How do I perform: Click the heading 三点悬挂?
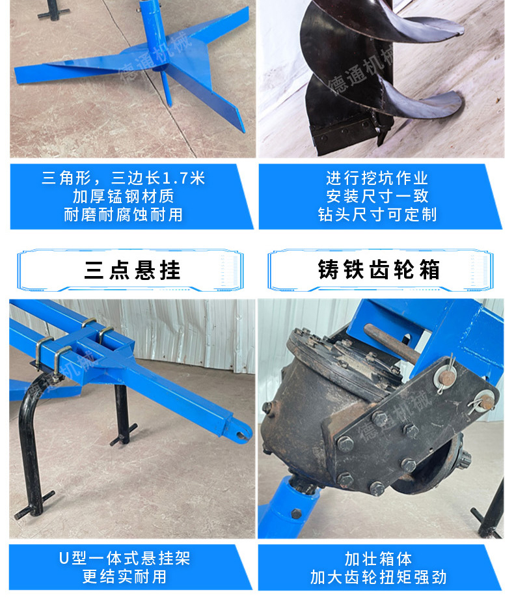(x=132, y=270)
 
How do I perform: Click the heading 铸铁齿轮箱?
(x=379, y=270)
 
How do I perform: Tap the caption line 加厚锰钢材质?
(x=123, y=197)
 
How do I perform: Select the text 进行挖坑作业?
(x=377, y=178)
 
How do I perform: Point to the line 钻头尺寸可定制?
(x=377, y=215)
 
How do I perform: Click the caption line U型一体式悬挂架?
(x=125, y=559)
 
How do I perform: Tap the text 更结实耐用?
(x=124, y=577)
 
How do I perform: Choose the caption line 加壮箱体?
(x=378, y=559)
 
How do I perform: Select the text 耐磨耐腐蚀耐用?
(x=123, y=215)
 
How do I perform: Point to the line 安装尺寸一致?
(x=377, y=197)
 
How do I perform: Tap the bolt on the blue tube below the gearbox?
(x=296, y=514)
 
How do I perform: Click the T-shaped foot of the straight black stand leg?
(x=124, y=436)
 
